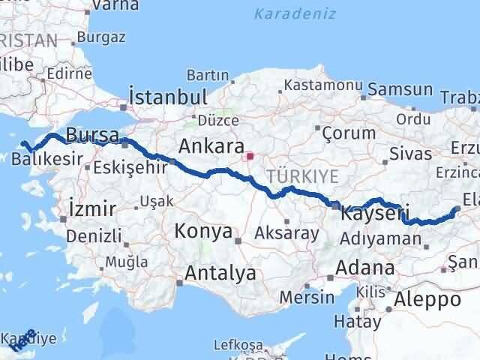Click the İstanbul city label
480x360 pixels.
pyautogui.click(x=168, y=97)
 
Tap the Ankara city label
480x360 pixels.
pyautogui.click(x=211, y=145)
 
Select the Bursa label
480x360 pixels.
pyautogui.click(x=92, y=135)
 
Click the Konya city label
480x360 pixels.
pyautogui.click(x=203, y=232)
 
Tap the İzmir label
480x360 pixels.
pyautogui.click(x=91, y=208)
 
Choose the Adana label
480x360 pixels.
pyautogui.click(x=365, y=268)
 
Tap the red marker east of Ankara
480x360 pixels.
pyautogui.click(x=250, y=157)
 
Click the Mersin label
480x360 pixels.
pyautogui.click(x=307, y=296)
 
